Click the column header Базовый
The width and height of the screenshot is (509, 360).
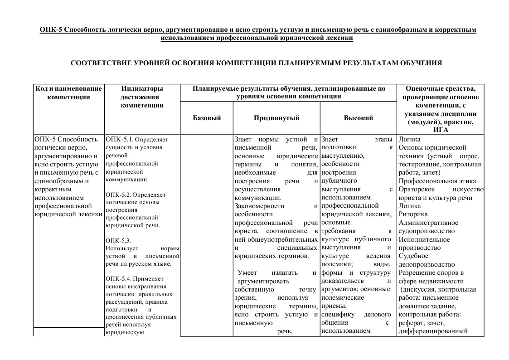pyautogui.click(x=207, y=118)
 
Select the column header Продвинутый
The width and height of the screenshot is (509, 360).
pyautogui.click(x=276, y=118)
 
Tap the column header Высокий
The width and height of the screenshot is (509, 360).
pyautogui.click(x=359, y=118)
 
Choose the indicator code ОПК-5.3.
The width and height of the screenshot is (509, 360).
pyautogui.click(x=118, y=240)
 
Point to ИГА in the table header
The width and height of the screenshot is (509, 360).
pyautogui.click(x=441, y=130)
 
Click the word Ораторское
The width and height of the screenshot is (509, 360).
pyautogui.click(x=417, y=189)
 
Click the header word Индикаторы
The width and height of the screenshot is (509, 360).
pyautogui.click(x=142, y=88)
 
